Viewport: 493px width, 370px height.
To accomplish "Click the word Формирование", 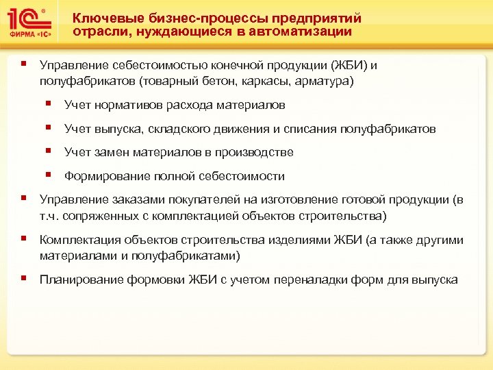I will [101, 176].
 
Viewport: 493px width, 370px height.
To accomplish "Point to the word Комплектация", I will [77, 240].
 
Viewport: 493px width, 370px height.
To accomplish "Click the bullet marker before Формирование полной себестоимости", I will [50, 175].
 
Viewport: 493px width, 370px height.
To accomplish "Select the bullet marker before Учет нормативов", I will [50, 104].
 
